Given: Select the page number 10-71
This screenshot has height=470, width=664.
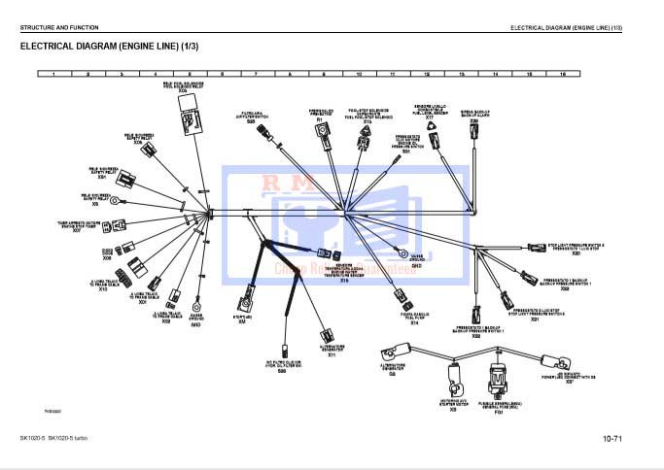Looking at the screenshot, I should click(612, 442).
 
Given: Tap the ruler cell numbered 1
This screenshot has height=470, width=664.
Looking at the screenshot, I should click(53, 74).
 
